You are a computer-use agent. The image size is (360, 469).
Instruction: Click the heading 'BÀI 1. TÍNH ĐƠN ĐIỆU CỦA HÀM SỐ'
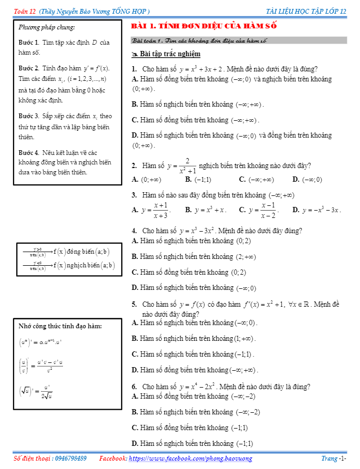click(204, 26)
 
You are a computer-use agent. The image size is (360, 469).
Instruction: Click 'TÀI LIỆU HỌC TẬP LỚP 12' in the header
click(306, 11)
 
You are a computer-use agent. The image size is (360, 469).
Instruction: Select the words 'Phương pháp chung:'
click(47, 27)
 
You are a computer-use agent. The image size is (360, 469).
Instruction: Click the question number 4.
click(134, 231)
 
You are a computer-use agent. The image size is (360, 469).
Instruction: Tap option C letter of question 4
click(135, 272)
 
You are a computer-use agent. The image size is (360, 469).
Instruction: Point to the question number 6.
click(134, 387)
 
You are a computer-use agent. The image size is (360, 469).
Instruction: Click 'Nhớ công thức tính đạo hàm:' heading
click(60, 326)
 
